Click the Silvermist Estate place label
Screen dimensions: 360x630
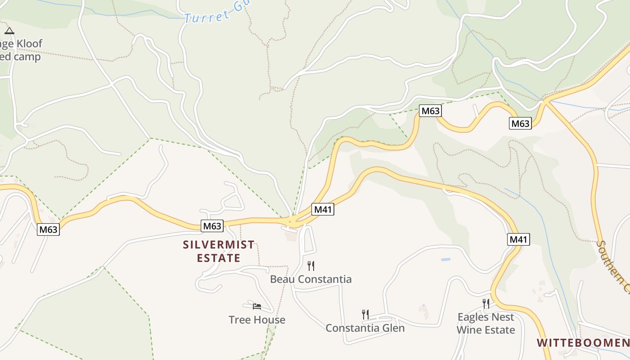(219, 252)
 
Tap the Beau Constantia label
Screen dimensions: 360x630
(310, 279)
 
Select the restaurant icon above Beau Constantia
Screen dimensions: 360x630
(310, 265)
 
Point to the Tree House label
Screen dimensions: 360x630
(257, 320)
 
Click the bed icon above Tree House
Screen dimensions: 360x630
(257, 306)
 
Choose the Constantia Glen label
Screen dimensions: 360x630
(365, 328)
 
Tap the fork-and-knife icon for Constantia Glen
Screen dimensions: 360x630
(365, 314)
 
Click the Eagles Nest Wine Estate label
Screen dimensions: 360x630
(486, 324)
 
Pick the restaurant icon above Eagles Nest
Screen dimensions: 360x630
(486, 303)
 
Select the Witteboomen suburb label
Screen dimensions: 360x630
(583, 343)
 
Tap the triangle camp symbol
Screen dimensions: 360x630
(9, 31)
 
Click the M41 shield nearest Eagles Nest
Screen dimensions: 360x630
(518, 239)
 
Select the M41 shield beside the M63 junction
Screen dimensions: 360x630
(323, 209)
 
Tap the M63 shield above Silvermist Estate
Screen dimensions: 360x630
(212, 226)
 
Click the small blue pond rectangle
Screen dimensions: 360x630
(445, 260)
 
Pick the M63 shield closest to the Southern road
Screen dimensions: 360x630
(520, 123)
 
